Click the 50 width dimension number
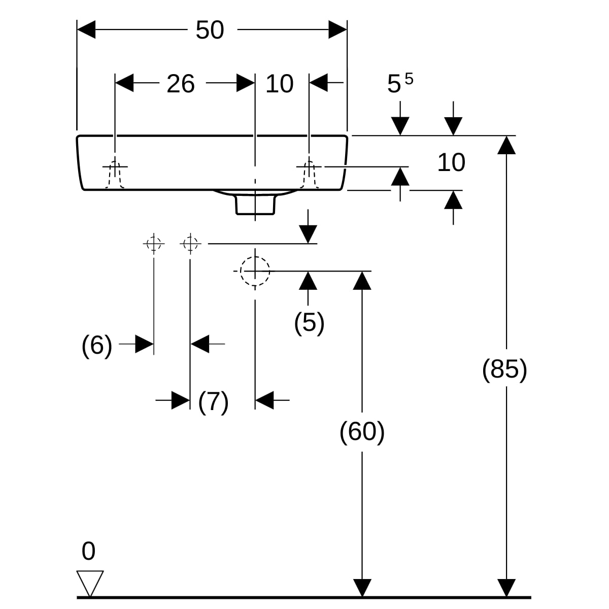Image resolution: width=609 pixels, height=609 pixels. pos(210,30)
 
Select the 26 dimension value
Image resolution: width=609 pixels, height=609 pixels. pos(181,84)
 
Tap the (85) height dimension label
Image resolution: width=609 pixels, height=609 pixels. pos(504,369)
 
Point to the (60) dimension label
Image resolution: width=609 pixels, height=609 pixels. pos(362,432)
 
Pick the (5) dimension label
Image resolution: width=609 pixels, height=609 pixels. pos(309,323)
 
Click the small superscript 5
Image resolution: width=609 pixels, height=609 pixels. pos(409,79)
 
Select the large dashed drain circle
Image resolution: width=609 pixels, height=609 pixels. pos(255,271)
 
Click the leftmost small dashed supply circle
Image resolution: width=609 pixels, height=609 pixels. pos(154,244)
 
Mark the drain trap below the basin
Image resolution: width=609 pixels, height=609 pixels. pos(255,204)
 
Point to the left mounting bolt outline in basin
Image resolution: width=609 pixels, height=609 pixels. pos(115,175)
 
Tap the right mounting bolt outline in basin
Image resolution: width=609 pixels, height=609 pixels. pos(309,175)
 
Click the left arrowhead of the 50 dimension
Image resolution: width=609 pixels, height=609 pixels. pos(86,30)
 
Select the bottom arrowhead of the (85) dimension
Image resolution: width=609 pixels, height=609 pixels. pos(506,588)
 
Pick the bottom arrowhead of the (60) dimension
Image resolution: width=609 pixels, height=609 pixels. pos(362,588)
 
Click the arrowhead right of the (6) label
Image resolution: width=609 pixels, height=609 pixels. pos(145,344)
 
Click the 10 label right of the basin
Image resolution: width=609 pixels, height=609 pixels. pos(451,163)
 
